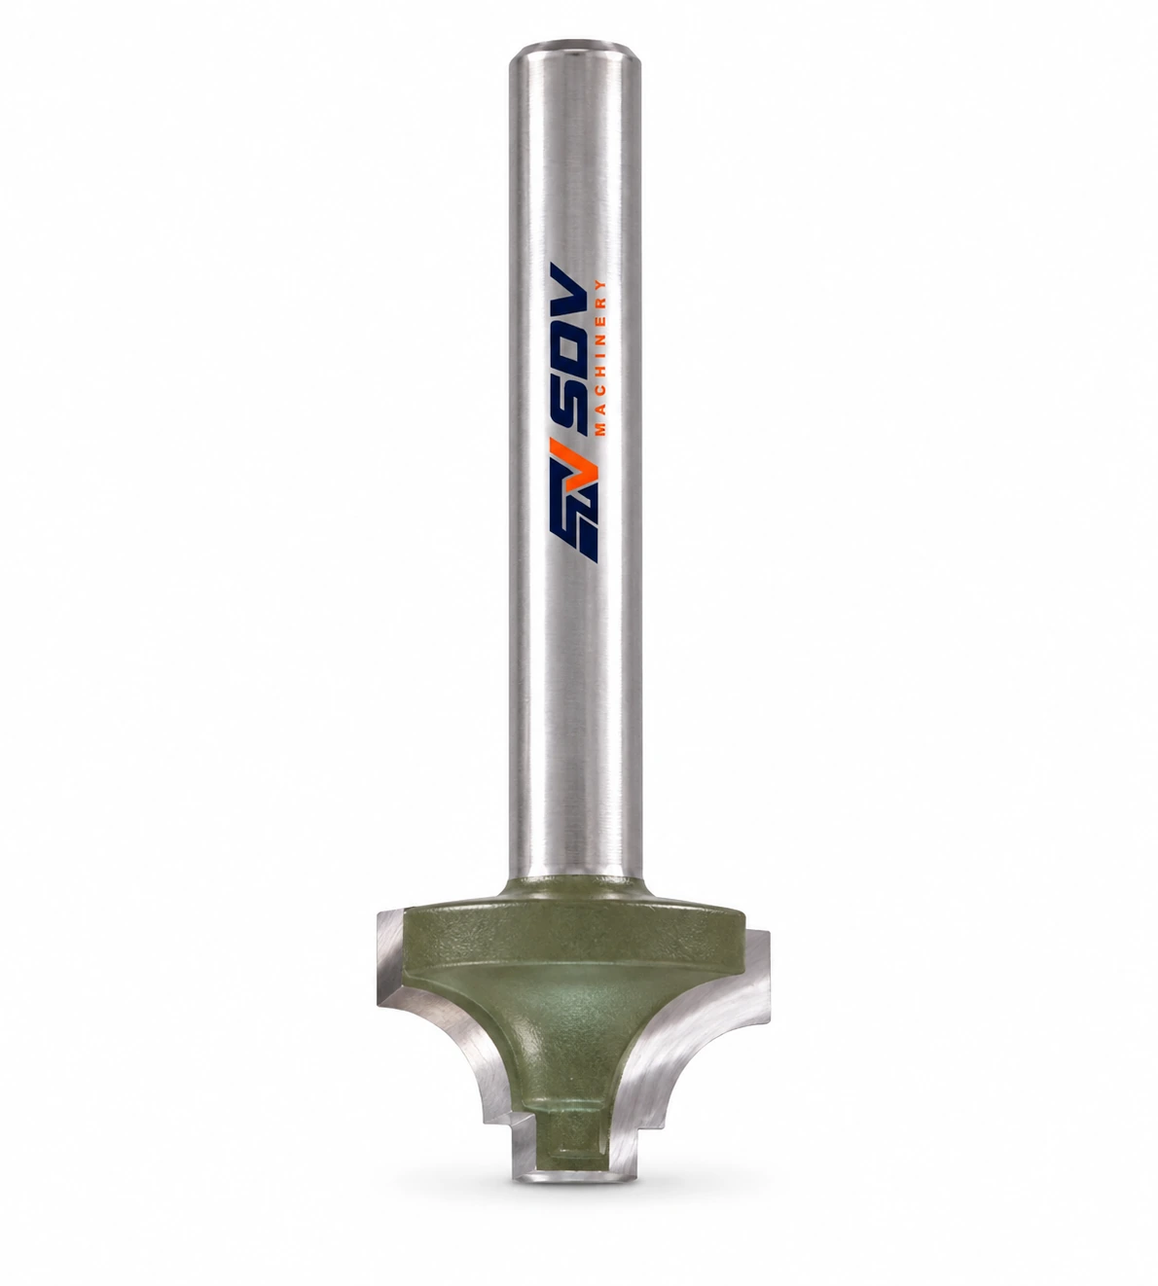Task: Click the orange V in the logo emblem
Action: coord(585,475)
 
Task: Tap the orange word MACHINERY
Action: coord(600,358)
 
